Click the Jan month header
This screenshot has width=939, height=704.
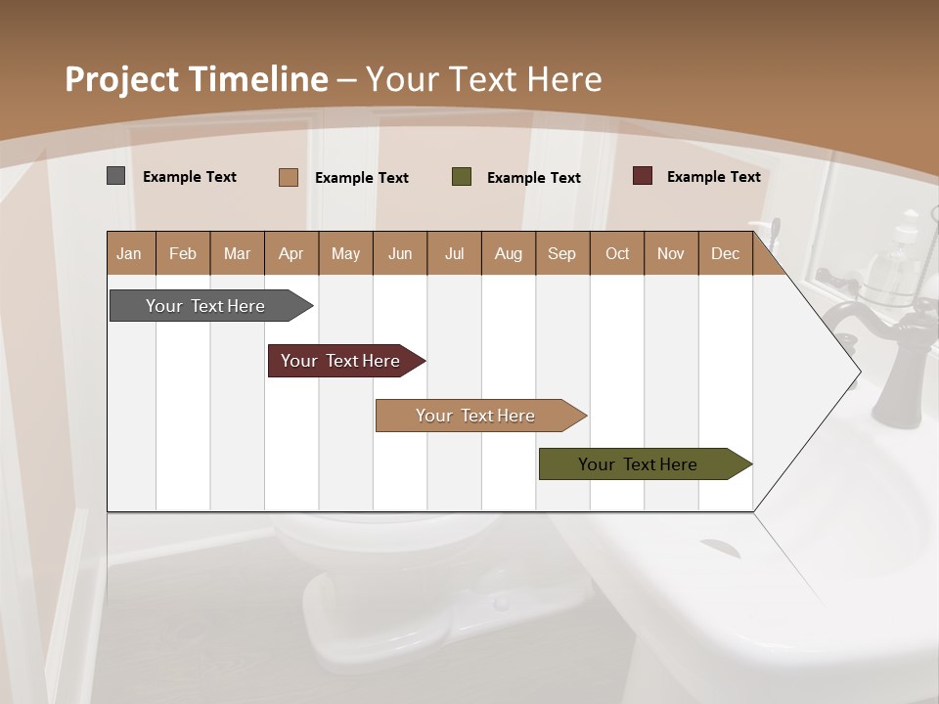click(130, 253)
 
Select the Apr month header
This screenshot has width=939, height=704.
click(291, 253)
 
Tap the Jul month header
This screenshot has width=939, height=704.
click(454, 253)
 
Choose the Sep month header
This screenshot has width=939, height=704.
click(562, 253)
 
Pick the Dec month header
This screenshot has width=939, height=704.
click(725, 253)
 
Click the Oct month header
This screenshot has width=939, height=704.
click(617, 253)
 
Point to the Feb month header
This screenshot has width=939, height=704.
click(183, 253)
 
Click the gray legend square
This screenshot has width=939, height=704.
click(116, 176)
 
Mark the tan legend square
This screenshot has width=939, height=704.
click(289, 177)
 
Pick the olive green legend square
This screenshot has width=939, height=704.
click(462, 177)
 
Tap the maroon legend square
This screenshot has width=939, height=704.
click(643, 176)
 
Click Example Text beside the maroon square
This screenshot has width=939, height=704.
click(713, 177)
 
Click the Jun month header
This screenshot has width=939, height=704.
click(400, 253)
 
